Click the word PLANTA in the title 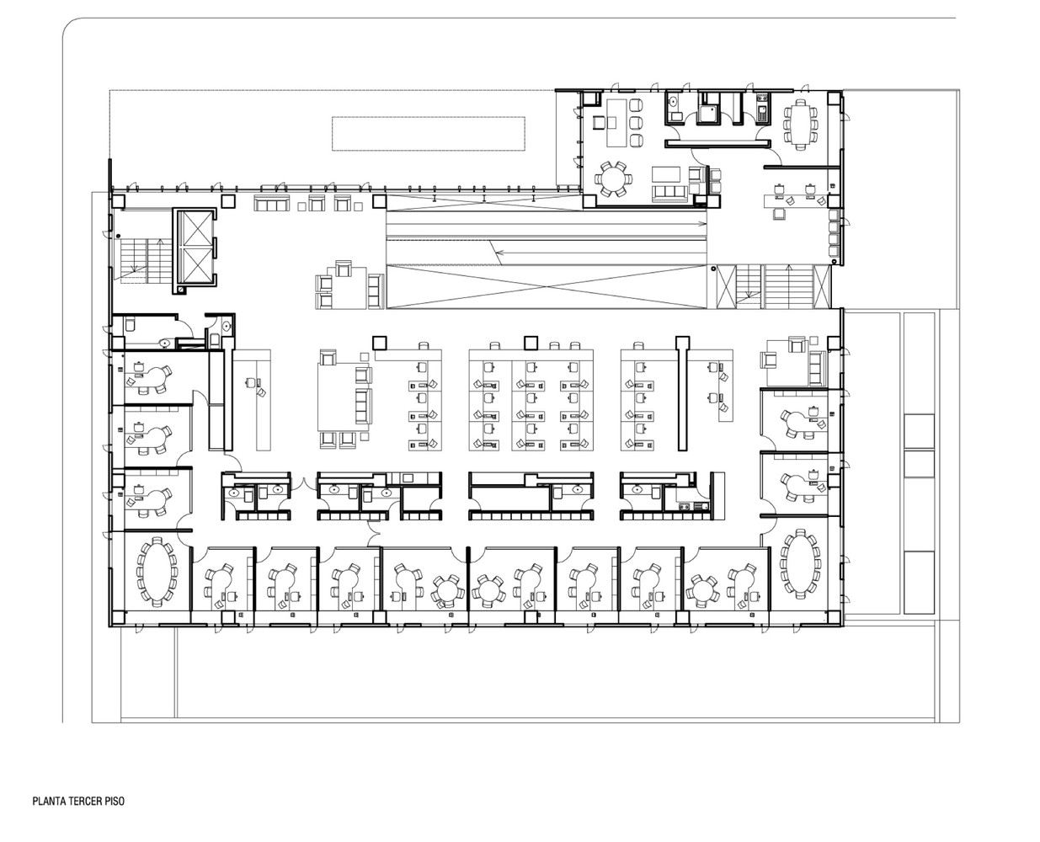click(x=47, y=801)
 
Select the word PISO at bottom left click(x=114, y=801)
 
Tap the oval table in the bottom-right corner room click(x=800, y=564)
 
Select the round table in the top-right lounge click(x=613, y=179)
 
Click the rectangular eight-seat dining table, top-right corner click(x=800, y=124)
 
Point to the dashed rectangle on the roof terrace click(x=428, y=133)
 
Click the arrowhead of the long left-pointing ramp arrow click(x=498, y=253)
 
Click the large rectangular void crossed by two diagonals click(x=547, y=286)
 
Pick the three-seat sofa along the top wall click(x=271, y=203)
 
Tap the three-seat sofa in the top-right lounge click(x=671, y=192)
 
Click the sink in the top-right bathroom click(x=674, y=102)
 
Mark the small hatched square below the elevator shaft click(x=182, y=289)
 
